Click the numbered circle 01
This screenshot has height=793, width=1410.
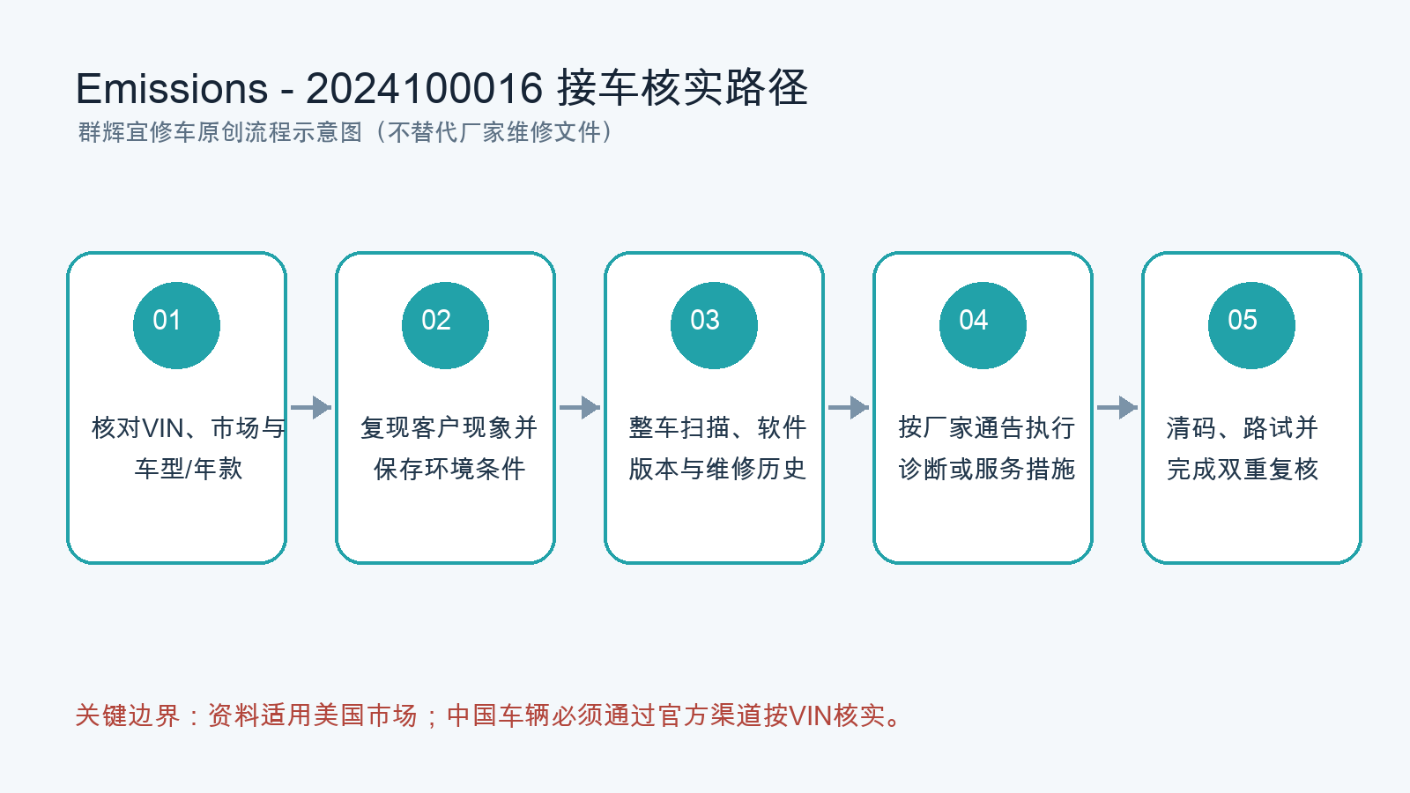point(176,325)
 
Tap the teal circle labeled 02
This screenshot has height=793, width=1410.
point(445,325)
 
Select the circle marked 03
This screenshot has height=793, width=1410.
point(714,325)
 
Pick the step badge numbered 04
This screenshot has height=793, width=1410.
point(983,325)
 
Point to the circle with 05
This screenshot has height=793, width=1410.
point(1251,325)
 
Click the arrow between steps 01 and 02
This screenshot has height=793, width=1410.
point(311,407)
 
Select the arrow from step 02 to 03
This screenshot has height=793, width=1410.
point(580,407)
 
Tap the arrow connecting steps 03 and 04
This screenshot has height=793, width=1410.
point(849,407)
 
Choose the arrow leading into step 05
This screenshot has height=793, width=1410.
point(1117,407)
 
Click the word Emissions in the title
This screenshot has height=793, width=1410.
point(172,88)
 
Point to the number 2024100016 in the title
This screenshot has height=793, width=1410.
point(424,88)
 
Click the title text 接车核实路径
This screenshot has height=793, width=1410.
point(682,87)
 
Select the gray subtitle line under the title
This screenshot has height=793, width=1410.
point(345,132)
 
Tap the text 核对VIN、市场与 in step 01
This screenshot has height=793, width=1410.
point(189,428)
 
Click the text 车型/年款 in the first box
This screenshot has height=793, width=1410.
point(189,469)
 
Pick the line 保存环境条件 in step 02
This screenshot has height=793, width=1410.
point(449,469)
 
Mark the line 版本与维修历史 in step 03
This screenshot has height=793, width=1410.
point(717,469)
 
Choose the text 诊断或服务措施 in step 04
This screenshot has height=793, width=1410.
point(986,469)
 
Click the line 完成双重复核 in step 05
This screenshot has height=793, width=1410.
point(1243,469)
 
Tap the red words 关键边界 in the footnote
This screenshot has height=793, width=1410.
point(128,715)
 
